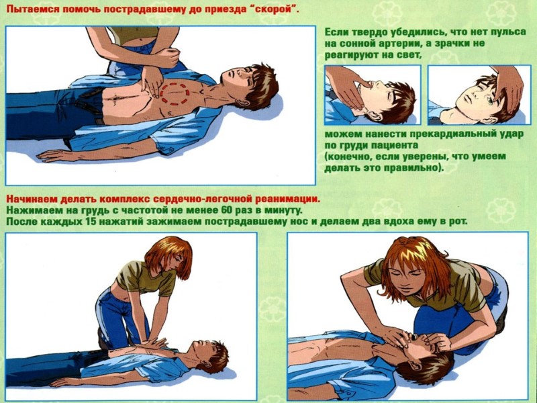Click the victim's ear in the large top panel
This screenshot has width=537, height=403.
242,102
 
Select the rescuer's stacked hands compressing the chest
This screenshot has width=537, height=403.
154,343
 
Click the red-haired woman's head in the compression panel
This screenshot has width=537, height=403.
169,257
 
